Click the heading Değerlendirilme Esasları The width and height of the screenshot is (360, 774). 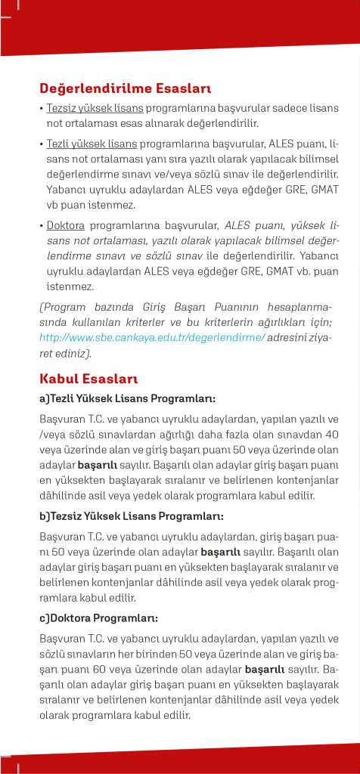125,88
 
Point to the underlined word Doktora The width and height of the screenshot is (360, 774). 66,224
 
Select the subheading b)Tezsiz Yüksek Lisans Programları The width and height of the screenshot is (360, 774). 131,515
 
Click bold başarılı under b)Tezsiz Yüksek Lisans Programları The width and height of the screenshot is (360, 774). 222,550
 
